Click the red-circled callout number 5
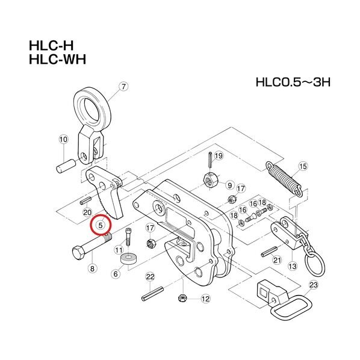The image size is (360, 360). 101,226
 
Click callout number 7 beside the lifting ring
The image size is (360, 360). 123,87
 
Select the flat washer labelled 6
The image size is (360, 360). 128,259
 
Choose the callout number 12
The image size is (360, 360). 205,298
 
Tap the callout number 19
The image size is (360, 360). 219,155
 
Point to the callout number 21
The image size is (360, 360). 277,260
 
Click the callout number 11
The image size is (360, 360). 119,249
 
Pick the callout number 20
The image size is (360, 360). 87,213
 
